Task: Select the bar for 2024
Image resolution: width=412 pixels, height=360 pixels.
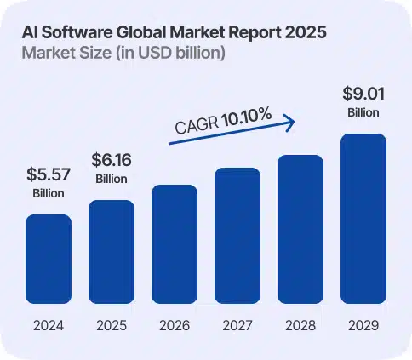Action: click(49, 260)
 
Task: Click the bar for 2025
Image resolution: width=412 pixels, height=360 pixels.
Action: click(112, 252)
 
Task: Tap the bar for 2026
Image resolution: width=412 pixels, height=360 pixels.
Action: click(175, 244)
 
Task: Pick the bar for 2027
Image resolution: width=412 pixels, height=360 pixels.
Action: click(237, 236)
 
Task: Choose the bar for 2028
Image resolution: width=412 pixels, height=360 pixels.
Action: click(300, 229)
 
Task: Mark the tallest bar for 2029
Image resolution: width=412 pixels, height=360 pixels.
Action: click(363, 219)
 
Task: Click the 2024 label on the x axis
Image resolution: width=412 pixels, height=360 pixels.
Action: click(49, 325)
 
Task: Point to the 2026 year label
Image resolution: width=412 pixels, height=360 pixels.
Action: click(175, 325)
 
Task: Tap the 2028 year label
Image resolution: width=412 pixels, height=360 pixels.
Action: click(300, 325)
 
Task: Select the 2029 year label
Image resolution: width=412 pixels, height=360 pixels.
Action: click(363, 325)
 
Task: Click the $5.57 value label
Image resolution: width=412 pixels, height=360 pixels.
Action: click(49, 176)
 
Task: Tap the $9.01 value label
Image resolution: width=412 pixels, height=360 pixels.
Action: click(363, 93)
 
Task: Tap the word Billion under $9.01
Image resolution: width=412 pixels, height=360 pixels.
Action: click(363, 112)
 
